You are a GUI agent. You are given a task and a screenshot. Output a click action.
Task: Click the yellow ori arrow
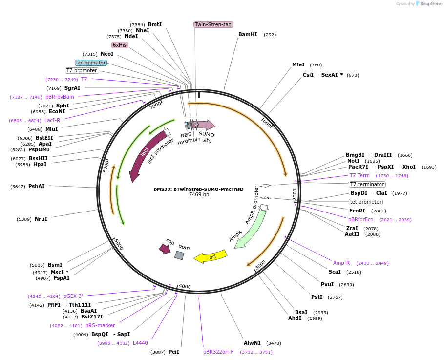click(211, 256)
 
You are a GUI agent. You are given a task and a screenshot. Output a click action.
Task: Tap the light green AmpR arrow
click(250, 230)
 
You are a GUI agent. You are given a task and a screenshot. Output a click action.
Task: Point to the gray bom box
click(179, 255)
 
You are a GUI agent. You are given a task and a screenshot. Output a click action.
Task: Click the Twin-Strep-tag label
click(213, 24)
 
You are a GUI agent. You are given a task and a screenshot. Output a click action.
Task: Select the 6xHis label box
click(120, 45)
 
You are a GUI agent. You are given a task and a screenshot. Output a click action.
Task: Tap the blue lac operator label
click(90, 63)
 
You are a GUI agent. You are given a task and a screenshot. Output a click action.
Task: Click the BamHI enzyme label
click(248, 35)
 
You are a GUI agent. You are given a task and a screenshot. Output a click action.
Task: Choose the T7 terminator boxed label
click(367, 184)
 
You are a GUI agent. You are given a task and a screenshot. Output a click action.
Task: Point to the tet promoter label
click(366, 202)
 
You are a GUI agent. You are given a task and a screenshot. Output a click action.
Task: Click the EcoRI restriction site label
click(360, 211)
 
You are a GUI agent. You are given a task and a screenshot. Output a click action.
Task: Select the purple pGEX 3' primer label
click(73, 296)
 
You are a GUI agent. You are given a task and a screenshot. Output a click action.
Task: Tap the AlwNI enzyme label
click(252, 343)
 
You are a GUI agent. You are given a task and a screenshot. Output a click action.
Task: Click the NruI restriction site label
click(41, 219)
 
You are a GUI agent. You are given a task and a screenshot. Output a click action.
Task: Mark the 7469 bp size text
click(199, 195)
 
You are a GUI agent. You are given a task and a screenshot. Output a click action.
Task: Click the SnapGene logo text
click(431, 4)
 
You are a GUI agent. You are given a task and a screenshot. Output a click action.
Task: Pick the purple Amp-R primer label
click(341, 263)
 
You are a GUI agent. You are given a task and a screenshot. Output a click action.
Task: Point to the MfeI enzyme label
click(298, 64)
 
